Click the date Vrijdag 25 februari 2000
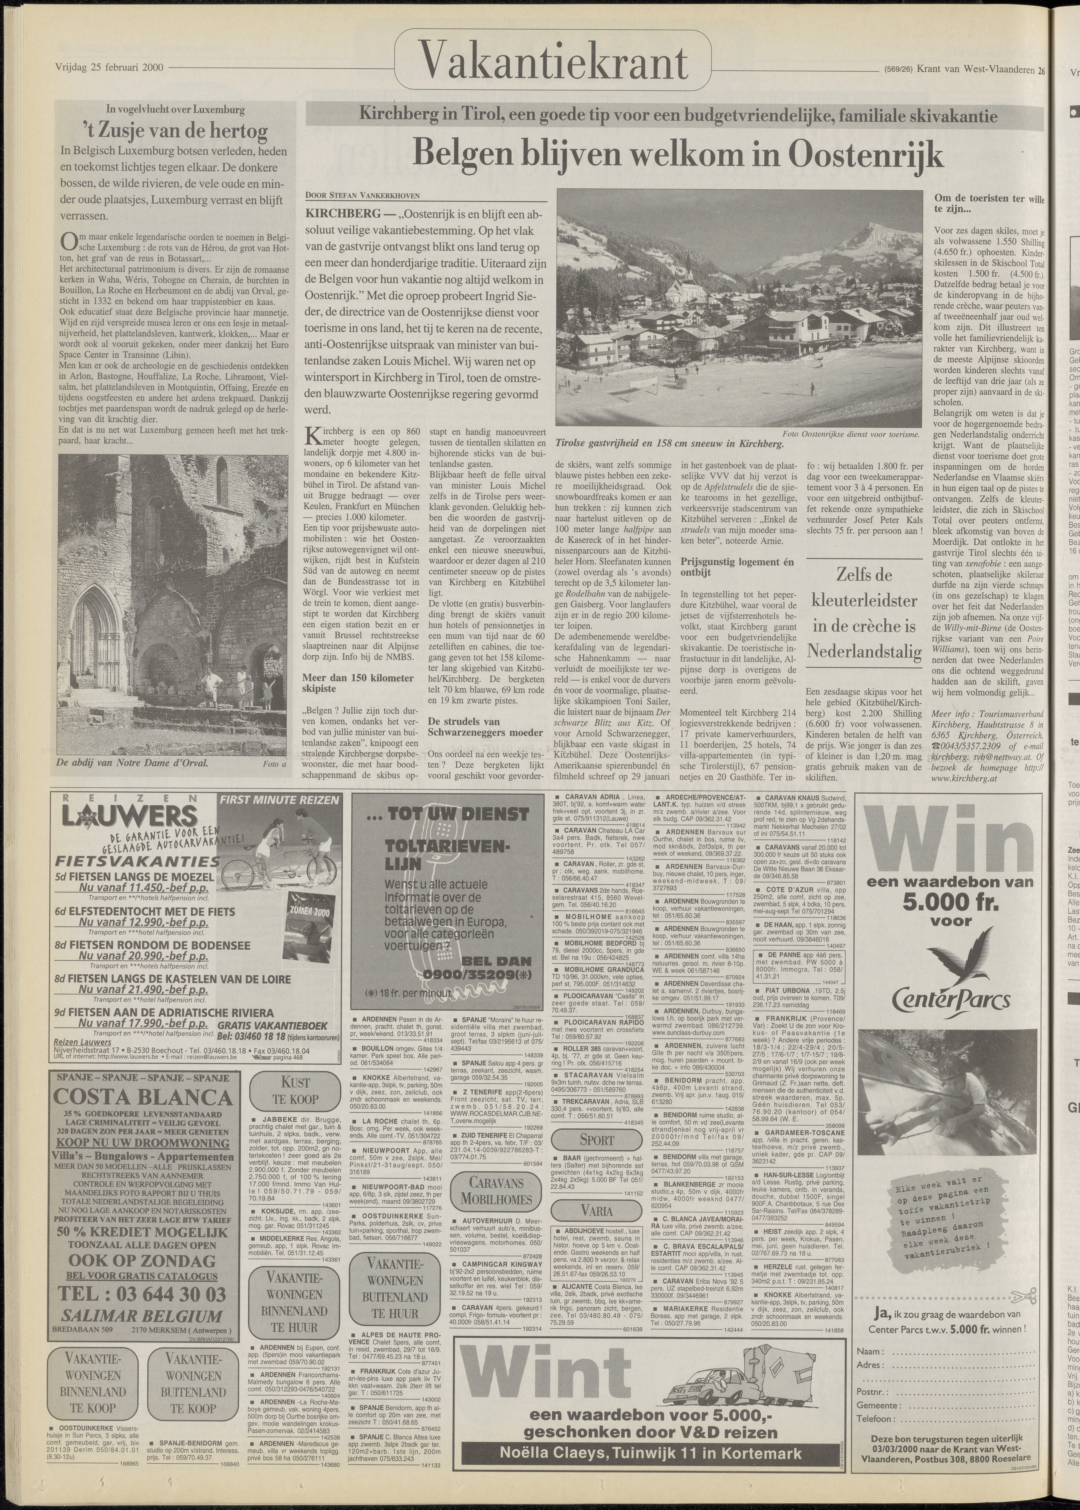(110, 67)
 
